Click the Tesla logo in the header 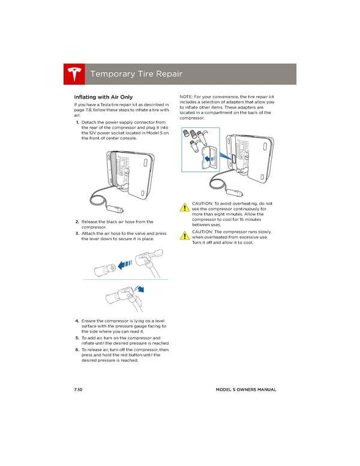point(74,74)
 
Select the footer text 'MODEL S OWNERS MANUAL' point(246,390)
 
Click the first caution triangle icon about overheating point(185,208)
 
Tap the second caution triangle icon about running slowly point(185,235)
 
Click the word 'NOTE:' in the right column point(187,96)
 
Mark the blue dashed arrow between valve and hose point(126,264)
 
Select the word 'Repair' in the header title point(166,74)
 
